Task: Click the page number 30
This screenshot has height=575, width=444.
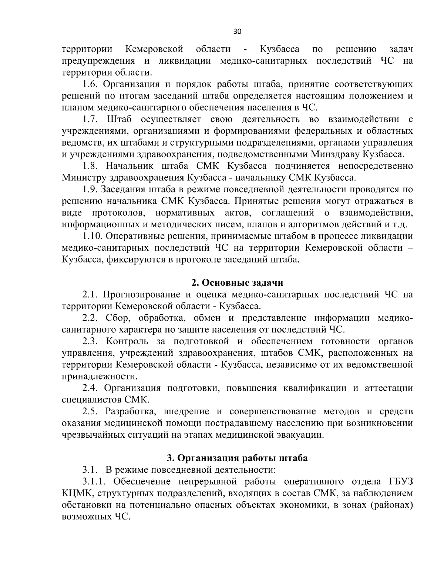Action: (x=237, y=32)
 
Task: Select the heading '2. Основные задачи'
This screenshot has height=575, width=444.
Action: (x=237, y=283)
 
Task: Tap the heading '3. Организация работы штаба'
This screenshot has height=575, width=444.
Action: (x=237, y=458)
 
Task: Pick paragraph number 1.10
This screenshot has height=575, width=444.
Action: (x=92, y=236)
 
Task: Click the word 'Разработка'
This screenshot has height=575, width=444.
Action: (x=129, y=411)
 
